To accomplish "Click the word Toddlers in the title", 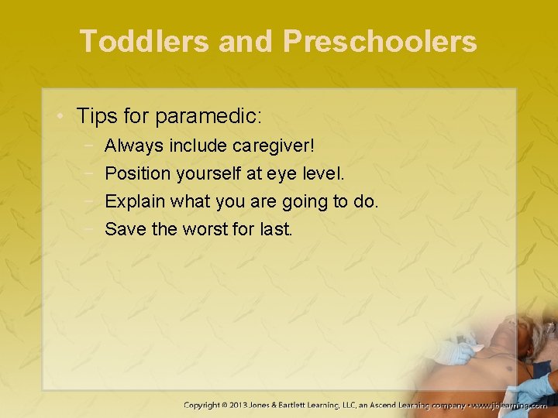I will point(144,41).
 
